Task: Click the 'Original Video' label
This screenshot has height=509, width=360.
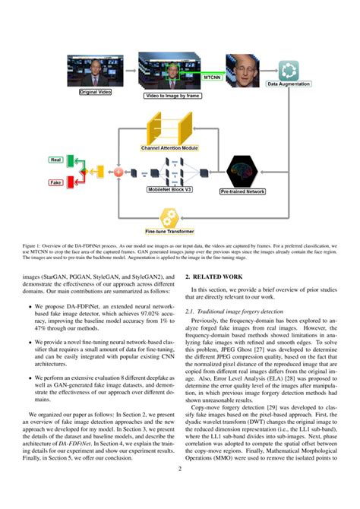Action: pos(94,92)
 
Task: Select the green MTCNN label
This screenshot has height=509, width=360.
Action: pos(213,77)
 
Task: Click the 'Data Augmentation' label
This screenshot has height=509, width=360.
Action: pos(287,84)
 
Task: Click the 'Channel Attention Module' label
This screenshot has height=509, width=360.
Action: pos(169,148)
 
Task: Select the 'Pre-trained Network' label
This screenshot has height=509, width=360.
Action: pos(243,191)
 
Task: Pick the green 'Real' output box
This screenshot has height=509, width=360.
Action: pos(56,160)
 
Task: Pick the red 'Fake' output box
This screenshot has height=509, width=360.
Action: pos(56,183)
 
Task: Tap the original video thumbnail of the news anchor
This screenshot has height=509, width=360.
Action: pos(95,71)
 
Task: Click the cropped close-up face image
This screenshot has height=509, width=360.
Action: pos(245,71)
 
